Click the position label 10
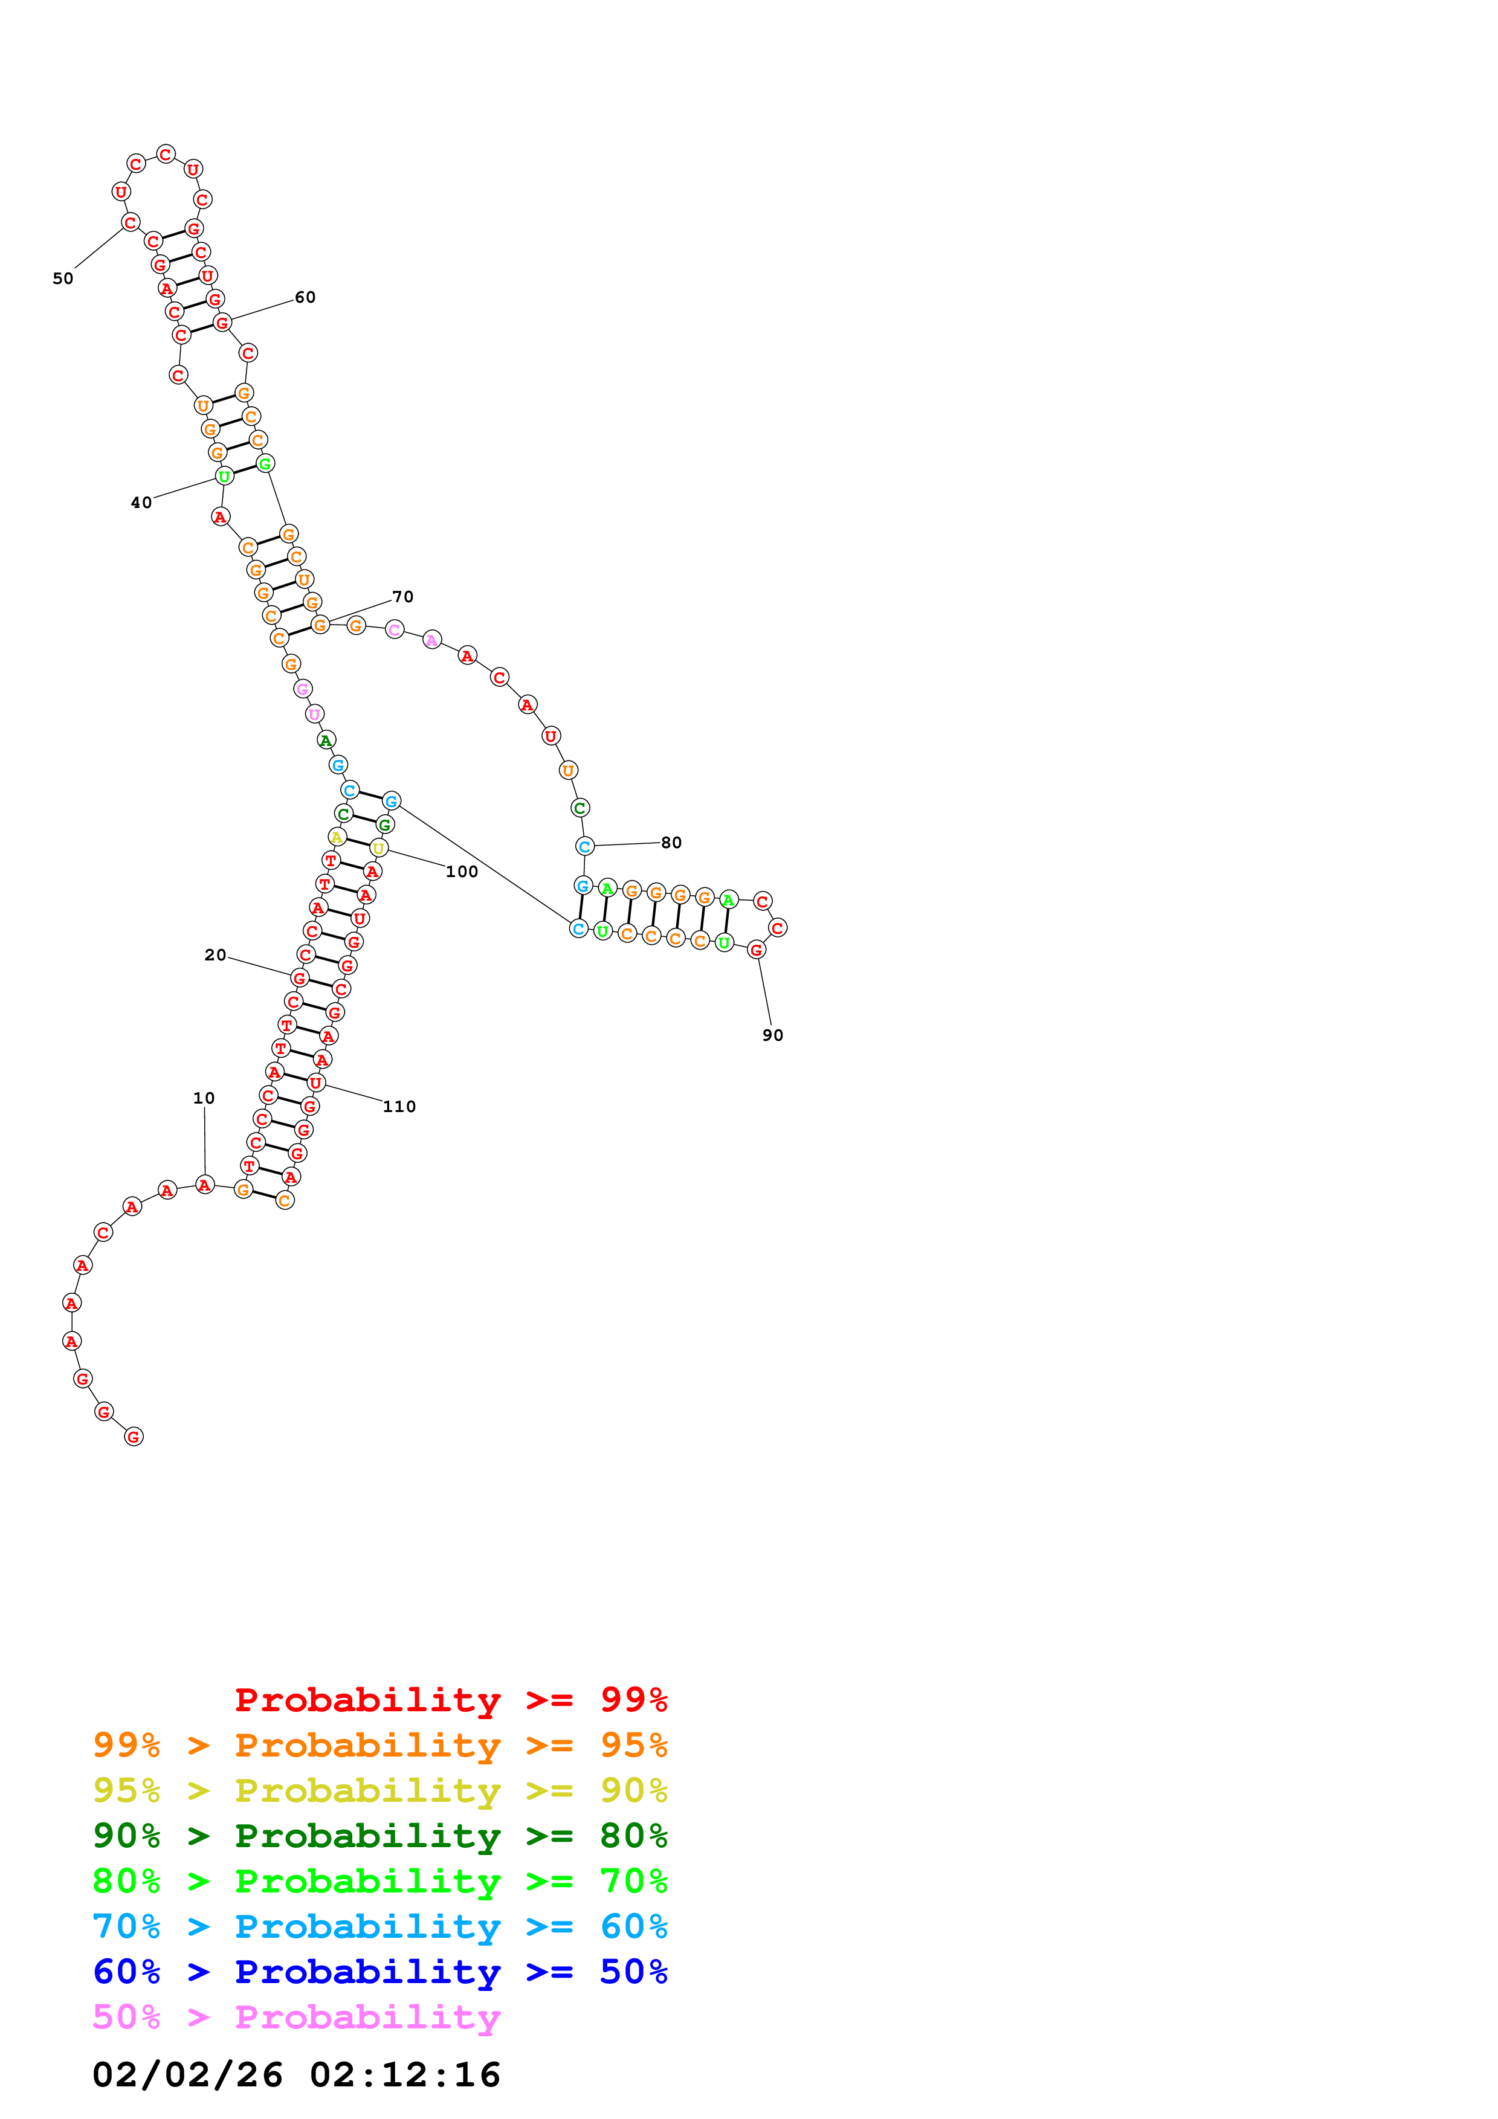tap(204, 1098)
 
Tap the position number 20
tap(215, 955)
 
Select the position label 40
tap(141, 503)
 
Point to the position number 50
tap(63, 278)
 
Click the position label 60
tap(306, 297)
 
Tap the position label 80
tap(672, 843)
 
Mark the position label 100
tap(462, 872)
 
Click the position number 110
tap(399, 1107)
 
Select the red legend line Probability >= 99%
tap(451, 1699)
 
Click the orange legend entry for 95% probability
tap(380, 1745)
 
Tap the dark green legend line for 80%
tap(380, 1836)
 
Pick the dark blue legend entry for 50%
tap(380, 1972)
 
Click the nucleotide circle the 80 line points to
tap(584, 846)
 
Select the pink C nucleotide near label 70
tap(394, 631)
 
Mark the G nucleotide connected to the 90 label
tap(756, 950)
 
